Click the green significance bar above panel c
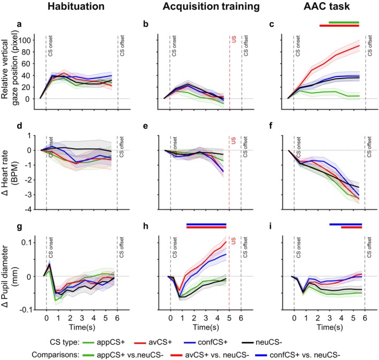click(x=344, y=22)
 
